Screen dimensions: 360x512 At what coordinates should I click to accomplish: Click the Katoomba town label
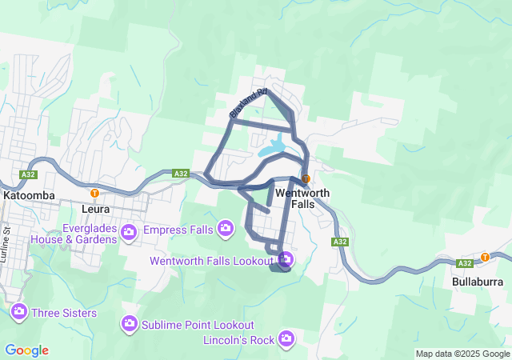27,195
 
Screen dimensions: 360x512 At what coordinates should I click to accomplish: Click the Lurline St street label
6,241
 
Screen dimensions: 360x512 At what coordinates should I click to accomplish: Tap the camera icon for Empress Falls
226,230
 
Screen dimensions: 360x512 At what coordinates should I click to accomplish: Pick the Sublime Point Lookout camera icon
129,325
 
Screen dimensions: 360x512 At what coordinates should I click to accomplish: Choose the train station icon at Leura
94,193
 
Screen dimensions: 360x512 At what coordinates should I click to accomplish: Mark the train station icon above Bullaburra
485,257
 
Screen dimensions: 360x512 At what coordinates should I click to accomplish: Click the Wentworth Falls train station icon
306,178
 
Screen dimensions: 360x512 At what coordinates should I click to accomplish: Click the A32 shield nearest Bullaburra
464,262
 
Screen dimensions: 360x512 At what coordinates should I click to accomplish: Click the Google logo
26,350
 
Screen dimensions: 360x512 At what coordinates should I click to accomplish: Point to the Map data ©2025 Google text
462,354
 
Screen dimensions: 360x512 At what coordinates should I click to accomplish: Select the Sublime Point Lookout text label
198,325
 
